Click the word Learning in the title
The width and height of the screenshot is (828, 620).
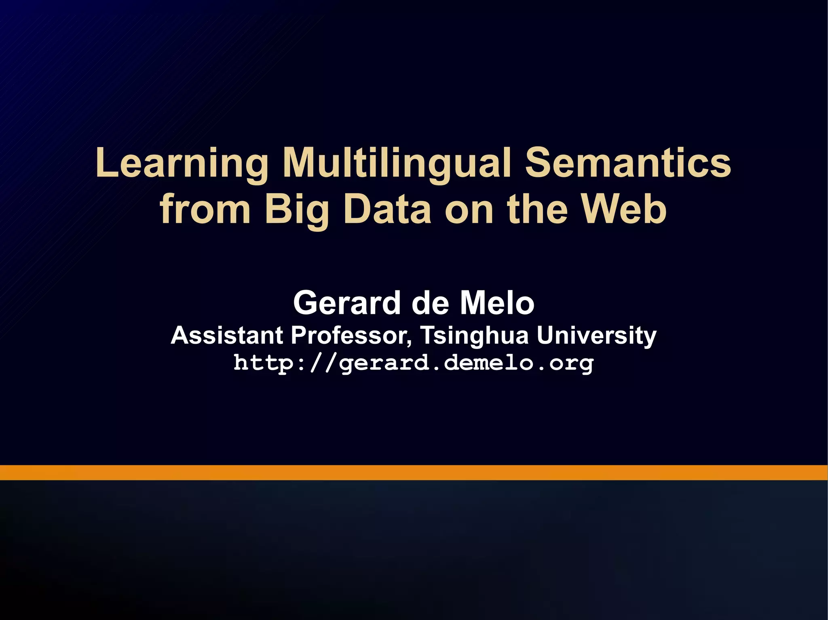pyautogui.click(x=182, y=163)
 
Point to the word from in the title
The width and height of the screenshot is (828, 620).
pyautogui.click(x=205, y=209)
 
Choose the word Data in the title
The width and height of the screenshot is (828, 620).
pyautogui.click(x=387, y=209)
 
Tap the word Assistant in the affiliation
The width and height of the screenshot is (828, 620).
pyautogui.click(x=226, y=335)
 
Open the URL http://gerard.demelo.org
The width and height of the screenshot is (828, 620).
pyautogui.click(x=414, y=363)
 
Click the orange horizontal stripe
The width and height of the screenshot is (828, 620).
pyautogui.click(x=414, y=472)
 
